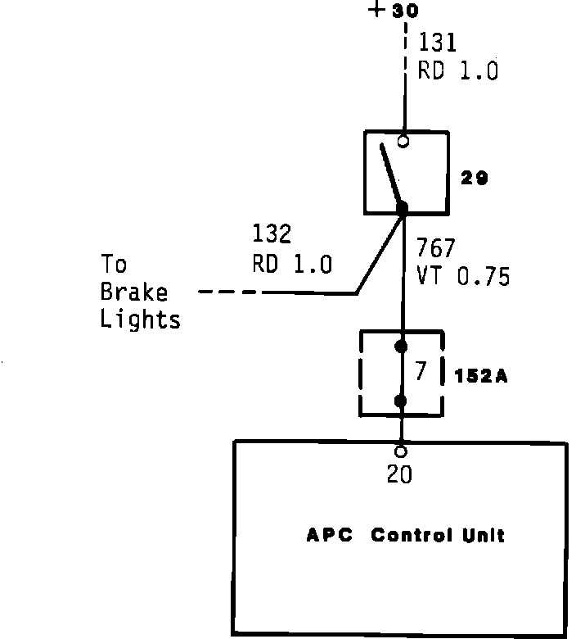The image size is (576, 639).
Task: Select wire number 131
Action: coord(438,43)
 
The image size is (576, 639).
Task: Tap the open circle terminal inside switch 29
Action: coord(403,142)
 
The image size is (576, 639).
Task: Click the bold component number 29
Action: coord(474,178)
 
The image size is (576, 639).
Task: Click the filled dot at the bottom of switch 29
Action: coord(402,208)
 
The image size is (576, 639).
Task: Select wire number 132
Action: coord(272,236)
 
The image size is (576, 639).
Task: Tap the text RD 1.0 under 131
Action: coord(457,70)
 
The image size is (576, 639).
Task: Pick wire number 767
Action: coord(435,248)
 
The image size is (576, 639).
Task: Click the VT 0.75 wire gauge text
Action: coord(463,276)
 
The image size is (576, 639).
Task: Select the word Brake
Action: coord(134,292)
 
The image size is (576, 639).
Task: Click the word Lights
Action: coord(140,319)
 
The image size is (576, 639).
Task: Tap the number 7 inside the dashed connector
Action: coord(421,372)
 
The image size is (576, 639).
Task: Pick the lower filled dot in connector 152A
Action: coord(402,401)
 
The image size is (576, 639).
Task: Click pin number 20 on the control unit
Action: coord(400,474)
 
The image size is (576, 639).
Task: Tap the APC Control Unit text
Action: coord(405,536)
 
